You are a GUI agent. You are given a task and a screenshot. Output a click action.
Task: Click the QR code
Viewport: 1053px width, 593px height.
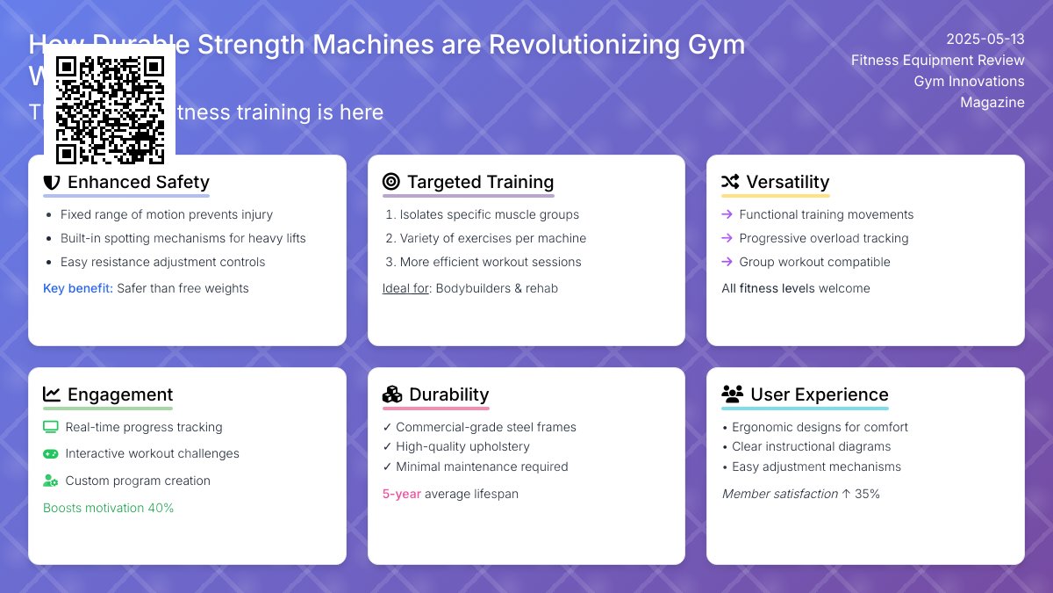110,110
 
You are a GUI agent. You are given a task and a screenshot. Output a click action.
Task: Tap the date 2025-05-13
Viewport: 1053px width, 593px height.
985,39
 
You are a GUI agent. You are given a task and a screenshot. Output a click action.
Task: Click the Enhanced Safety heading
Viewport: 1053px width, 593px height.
138,182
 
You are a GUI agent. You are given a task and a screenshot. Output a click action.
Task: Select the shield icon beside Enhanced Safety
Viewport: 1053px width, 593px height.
52,182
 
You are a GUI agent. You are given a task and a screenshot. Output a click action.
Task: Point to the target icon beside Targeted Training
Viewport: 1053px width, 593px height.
391,182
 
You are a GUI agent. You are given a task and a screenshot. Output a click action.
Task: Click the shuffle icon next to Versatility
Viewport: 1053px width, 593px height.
730,182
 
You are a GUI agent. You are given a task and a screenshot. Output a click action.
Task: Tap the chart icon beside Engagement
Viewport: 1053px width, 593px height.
52,394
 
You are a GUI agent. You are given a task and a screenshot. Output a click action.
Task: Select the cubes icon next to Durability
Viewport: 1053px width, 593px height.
392,394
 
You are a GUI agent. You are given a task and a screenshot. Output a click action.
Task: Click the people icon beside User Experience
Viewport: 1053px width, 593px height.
732,394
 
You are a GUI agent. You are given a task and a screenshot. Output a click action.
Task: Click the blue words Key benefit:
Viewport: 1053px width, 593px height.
78,288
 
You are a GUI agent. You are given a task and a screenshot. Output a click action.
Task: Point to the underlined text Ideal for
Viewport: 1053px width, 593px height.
405,288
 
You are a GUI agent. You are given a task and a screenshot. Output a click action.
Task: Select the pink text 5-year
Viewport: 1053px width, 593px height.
401,494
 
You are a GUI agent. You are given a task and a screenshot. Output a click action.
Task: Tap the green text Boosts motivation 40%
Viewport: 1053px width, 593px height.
108,508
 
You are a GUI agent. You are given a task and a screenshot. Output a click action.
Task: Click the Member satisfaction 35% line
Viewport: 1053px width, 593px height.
800,494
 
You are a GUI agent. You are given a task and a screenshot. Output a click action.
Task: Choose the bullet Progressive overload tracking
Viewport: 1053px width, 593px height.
823,238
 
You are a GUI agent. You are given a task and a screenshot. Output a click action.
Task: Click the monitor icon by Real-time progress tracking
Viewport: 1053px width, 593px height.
51,427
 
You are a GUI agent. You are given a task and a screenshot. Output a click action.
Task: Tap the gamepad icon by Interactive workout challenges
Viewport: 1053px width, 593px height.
51,453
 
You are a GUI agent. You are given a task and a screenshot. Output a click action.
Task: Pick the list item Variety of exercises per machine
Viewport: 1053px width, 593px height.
492,238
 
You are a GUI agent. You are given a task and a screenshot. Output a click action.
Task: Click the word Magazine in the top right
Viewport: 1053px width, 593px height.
992,102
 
